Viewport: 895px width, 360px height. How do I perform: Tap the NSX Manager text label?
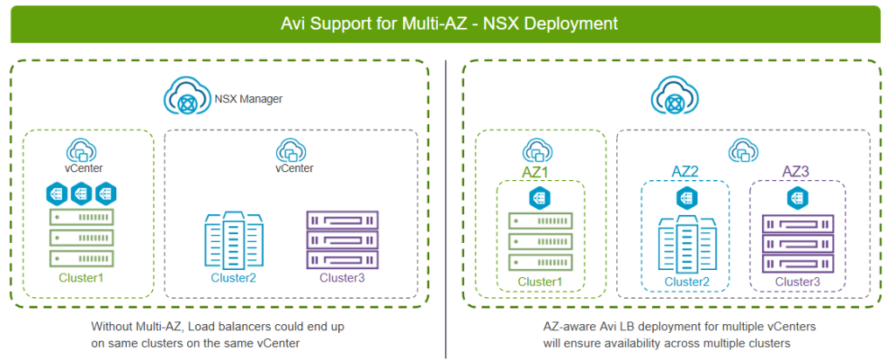click(248, 98)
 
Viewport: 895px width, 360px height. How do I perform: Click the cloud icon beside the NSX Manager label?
click(186, 99)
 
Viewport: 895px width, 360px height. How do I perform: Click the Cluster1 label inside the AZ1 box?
click(540, 281)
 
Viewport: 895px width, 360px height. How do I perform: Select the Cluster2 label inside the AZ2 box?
click(686, 281)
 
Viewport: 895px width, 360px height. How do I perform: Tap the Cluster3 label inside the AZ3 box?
click(797, 281)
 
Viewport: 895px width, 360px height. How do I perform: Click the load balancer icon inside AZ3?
click(797, 200)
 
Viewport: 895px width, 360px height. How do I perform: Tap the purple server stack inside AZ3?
click(797, 244)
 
